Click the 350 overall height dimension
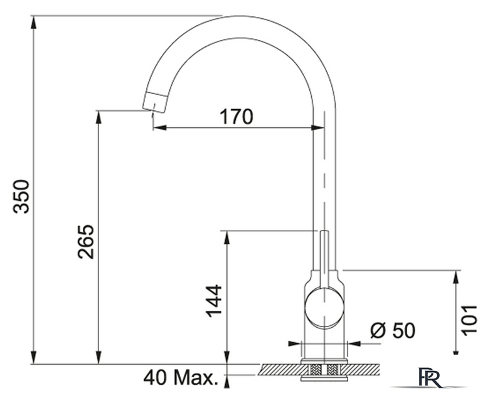pos(21,196)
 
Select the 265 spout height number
pos(85,242)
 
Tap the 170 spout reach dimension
pos(236,117)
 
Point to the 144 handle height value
pos(214,301)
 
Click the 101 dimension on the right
pos(470,320)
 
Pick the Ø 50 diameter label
pos(393,330)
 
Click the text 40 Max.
pos(180,378)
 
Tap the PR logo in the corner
pos(430,378)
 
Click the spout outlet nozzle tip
pos(155,102)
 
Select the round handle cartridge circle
pos(324,308)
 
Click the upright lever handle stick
pos(324,259)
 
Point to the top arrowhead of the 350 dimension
pos(34,22)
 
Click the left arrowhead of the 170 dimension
pos(159,127)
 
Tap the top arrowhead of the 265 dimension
pos(99,117)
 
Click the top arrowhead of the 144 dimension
pos(227,237)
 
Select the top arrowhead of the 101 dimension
pos(457,278)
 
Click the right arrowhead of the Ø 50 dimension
pos(354,343)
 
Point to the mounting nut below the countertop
pos(324,378)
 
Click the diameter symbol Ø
pos(378,330)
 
